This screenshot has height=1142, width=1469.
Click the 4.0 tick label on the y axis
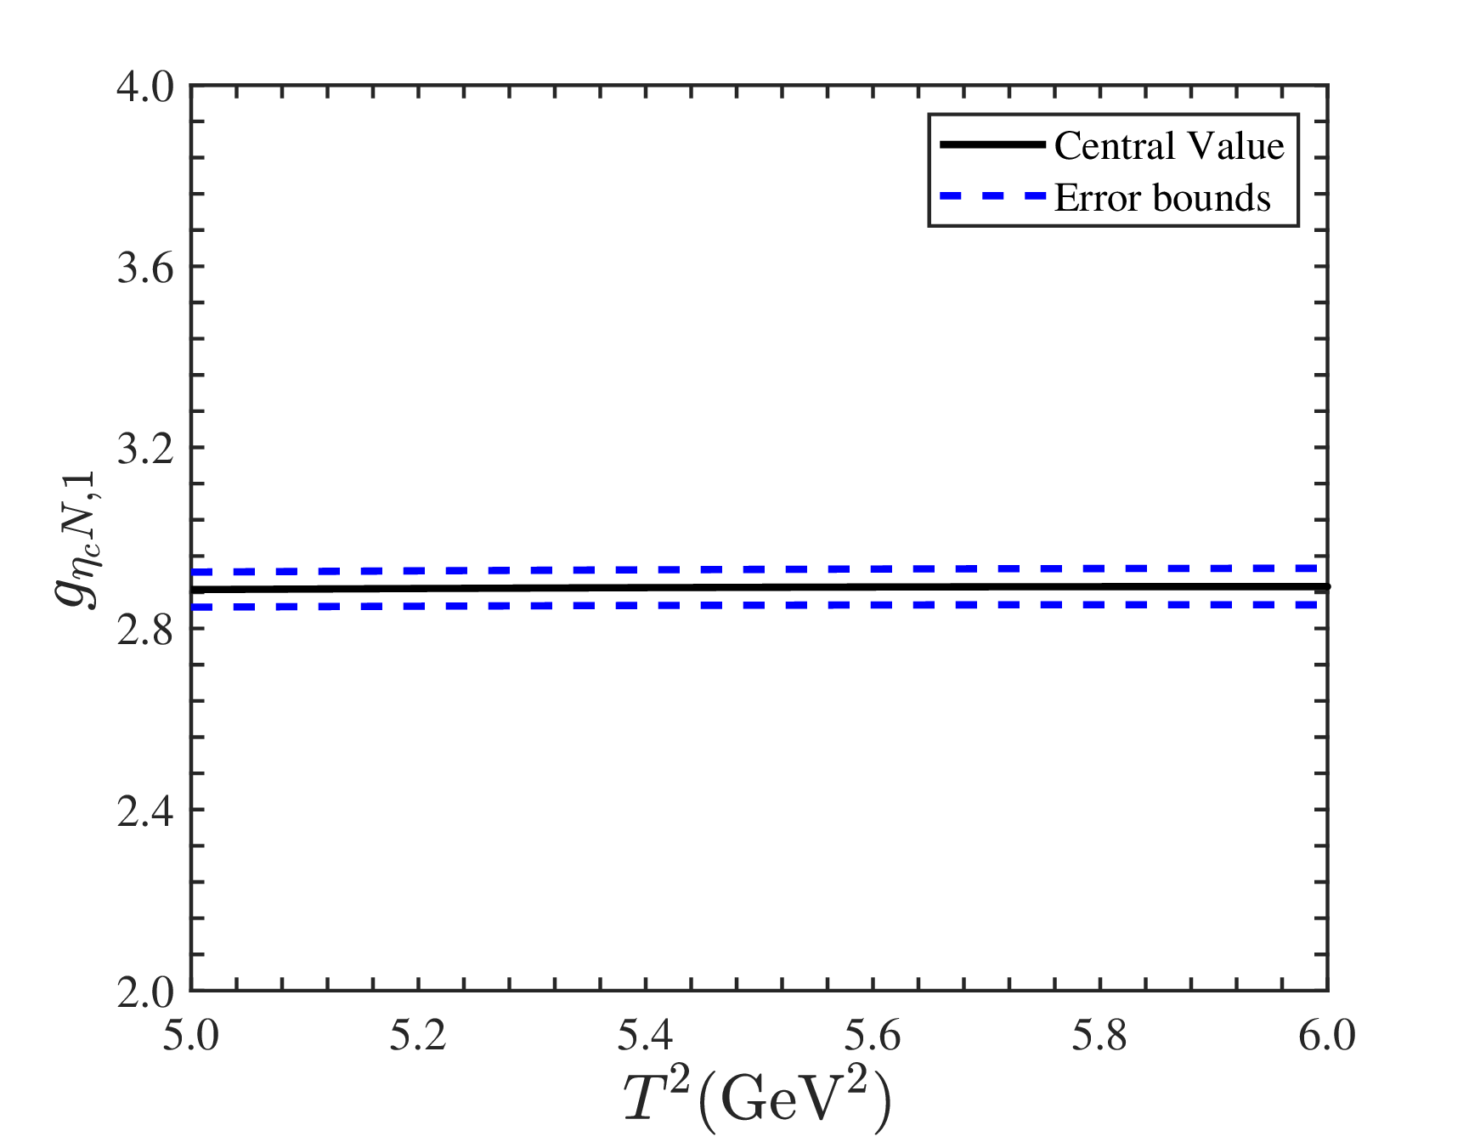tap(145, 87)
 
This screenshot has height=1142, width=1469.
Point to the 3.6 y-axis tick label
tap(145, 268)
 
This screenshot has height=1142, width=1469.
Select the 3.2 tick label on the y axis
tap(145, 449)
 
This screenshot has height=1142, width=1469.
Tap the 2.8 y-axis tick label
tap(145, 630)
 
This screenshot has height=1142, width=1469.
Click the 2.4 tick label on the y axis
tap(145, 811)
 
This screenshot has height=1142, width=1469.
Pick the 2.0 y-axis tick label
tap(145, 992)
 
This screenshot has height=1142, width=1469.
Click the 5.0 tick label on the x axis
tap(191, 1036)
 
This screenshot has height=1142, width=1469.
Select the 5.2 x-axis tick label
tap(418, 1036)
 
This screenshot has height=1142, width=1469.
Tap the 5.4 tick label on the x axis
tap(645, 1036)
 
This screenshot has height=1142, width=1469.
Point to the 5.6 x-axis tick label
tap(873, 1036)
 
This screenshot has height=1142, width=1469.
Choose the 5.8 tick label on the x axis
tap(1099, 1036)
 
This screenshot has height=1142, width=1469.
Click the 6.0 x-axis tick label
tap(1327, 1036)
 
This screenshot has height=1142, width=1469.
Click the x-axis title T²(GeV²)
tap(759, 1100)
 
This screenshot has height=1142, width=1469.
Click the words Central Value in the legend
tap(1169, 146)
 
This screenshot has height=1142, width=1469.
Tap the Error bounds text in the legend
tap(1162, 198)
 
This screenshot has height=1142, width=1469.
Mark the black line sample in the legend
tap(992, 145)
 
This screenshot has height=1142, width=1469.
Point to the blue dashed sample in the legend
tap(992, 196)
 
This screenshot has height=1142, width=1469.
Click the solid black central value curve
tap(760, 587)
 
